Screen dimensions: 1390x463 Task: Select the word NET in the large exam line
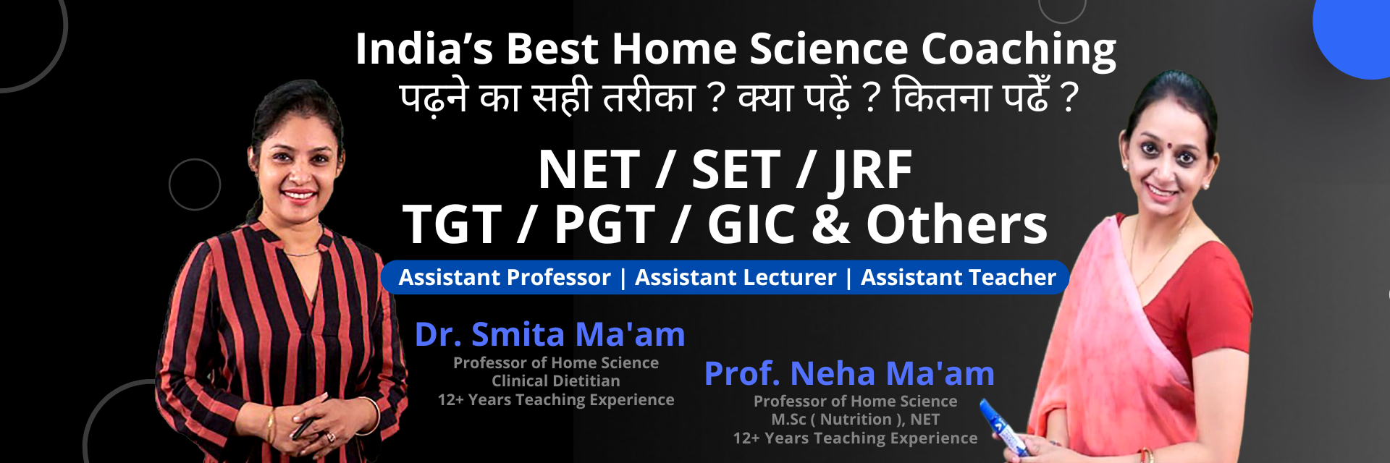click(x=589, y=170)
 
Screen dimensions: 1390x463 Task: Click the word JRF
click(x=871, y=171)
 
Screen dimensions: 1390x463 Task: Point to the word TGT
click(x=452, y=224)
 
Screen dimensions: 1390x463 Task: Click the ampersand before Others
click(x=831, y=224)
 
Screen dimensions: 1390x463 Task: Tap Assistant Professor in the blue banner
click(x=505, y=277)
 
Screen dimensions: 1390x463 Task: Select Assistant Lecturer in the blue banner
click(x=736, y=277)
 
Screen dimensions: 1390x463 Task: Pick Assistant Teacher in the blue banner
click(x=959, y=277)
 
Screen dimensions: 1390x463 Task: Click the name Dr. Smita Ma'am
click(x=549, y=334)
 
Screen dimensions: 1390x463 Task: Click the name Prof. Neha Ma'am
click(x=849, y=373)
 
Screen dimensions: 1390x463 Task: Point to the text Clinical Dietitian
click(x=556, y=381)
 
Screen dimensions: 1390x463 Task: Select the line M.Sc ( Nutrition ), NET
click(x=855, y=419)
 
